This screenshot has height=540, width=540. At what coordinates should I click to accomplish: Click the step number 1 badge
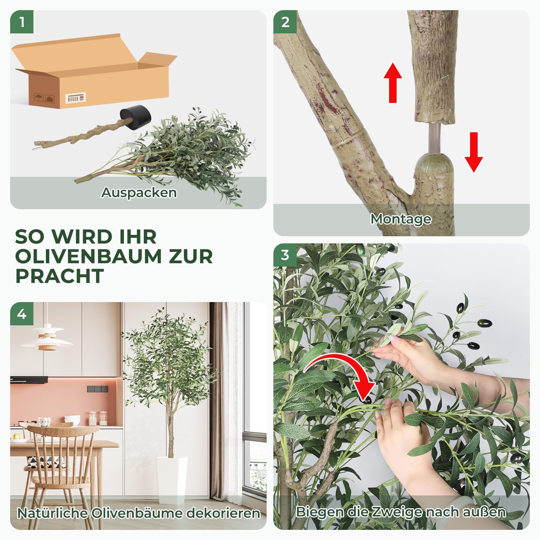pyautogui.click(x=22, y=22)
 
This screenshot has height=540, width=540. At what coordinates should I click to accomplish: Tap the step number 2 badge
pyautogui.click(x=285, y=22)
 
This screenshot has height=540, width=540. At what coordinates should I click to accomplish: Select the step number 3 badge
pyautogui.click(x=285, y=255)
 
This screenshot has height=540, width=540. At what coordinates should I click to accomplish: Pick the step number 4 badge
pyautogui.click(x=22, y=314)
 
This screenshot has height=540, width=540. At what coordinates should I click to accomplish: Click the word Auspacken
pyautogui.click(x=139, y=193)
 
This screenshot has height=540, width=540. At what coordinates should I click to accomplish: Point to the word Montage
pyautogui.click(x=401, y=219)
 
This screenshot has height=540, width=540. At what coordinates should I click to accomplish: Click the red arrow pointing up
pyautogui.click(x=393, y=83)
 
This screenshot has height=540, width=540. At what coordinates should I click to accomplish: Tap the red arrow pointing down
pyautogui.click(x=474, y=152)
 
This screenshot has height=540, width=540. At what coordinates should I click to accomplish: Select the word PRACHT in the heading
pyautogui.click(x=60, y=276)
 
